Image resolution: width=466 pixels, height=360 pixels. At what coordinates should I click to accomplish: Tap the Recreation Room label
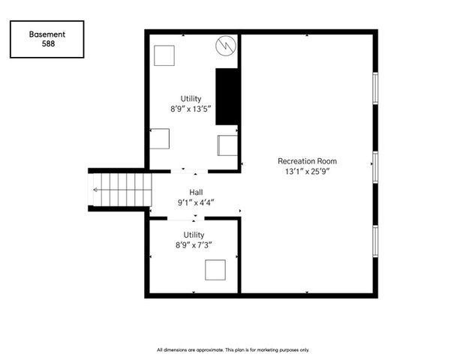click(308, 161)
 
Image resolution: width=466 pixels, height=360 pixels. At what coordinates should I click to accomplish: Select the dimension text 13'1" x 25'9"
click(308, 172)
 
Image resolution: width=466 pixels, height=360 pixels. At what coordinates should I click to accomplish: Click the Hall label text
click(196, 192)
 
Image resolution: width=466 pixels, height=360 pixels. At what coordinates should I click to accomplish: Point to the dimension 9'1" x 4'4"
click(196, 202)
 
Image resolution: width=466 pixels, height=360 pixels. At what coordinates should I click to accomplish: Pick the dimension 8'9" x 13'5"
click(191, 109)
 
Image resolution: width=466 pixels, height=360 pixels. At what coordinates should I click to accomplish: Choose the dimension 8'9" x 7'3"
click(194, 245)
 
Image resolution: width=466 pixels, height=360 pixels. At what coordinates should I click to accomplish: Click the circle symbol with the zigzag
click(226, 46)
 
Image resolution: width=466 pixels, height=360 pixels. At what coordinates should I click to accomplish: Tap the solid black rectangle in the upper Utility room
click(227, 97)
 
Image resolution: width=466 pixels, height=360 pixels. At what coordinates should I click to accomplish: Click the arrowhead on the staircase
click(95, 190)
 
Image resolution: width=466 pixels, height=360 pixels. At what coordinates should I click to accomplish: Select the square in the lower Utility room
click(215, 270)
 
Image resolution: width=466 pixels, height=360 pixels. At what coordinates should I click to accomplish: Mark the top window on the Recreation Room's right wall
click(375, 88)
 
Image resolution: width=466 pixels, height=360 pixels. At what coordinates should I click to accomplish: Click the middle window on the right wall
click(375, 167)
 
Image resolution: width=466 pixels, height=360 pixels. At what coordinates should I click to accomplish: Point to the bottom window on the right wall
click(375, 241)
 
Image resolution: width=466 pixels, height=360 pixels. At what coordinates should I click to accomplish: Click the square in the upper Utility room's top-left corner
click(164, 55)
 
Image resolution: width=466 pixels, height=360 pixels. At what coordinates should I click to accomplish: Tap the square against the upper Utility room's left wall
click(160, 139)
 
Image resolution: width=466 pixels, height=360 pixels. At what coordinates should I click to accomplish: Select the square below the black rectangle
click(227, 145)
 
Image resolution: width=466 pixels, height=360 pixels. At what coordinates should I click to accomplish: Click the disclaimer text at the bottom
click(233, 350)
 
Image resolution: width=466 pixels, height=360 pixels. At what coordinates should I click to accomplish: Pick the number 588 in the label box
click(48, 44)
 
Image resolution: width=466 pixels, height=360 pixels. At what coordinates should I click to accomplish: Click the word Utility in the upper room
click(191, 98)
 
